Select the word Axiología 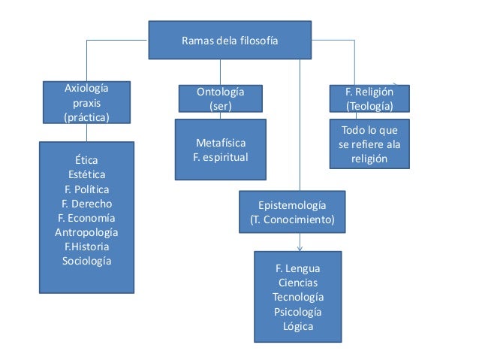pyautogui.click(x=86, y=89)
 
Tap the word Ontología pyautogui.click(x=220, y=92)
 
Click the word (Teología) pyautogui.click(x=369, y=106)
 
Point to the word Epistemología pyautogui.click(x=292, y=205)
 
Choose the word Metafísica pyautogui.click(x=220, y=143)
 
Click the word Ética pyautogui.click(x=86, y=161)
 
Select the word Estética pyautogui.click(x=86, y=175)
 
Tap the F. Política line pyautogui.click(x=86, y=189)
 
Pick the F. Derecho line pyautogui.click(x=86, y=204)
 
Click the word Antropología pyautogui.click(x=86, y=232)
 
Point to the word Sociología pyautogui.click(x=86, y=261)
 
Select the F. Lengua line pyautogui.click(x=297, y=268)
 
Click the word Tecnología pyautogui.click(x=297, y=297)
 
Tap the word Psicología pyautogui.click(x=297, y=311)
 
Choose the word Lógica pyautogui.click(x=297, y=326)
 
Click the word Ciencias pyautogui.click(x=297, y=283)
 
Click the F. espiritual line pyautogui.click(x=220, y=157)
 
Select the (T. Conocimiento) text pyautogui.click(x=292, y=220)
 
